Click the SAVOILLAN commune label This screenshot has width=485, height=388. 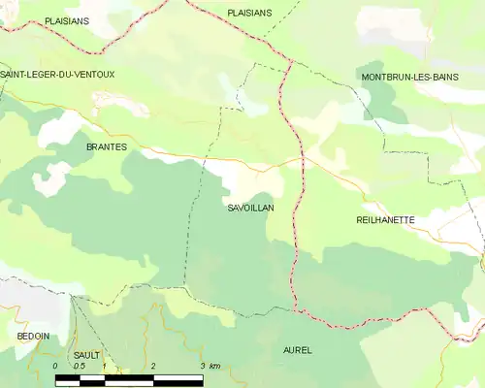coord(250,209)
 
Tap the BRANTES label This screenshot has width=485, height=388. coord(107,146)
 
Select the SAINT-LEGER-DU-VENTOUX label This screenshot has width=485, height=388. coord(57,75)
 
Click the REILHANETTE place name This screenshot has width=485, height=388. coord(386,220)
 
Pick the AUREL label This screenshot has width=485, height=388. coord(298,349)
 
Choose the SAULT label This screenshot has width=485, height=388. coord(86,356)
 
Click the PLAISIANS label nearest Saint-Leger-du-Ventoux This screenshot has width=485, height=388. coord(68,19)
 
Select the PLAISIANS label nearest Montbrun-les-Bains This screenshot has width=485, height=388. coord(249,13)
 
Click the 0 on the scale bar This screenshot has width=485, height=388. coord(55,366)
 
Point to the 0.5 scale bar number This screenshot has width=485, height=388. coord(79,366)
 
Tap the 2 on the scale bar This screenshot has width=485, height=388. coord(153,366)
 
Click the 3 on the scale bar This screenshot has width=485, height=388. coord(202,366)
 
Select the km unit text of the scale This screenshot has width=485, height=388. coord(214,366)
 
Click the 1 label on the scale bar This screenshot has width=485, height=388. coord(104,366)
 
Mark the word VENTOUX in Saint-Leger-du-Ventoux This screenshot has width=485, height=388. coord(93,75)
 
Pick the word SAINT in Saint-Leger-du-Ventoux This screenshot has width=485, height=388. coord(14,75)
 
